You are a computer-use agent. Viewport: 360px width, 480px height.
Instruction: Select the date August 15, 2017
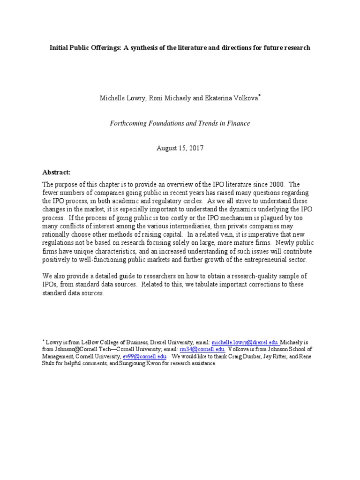180,148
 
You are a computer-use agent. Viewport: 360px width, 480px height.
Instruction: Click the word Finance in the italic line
237,123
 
